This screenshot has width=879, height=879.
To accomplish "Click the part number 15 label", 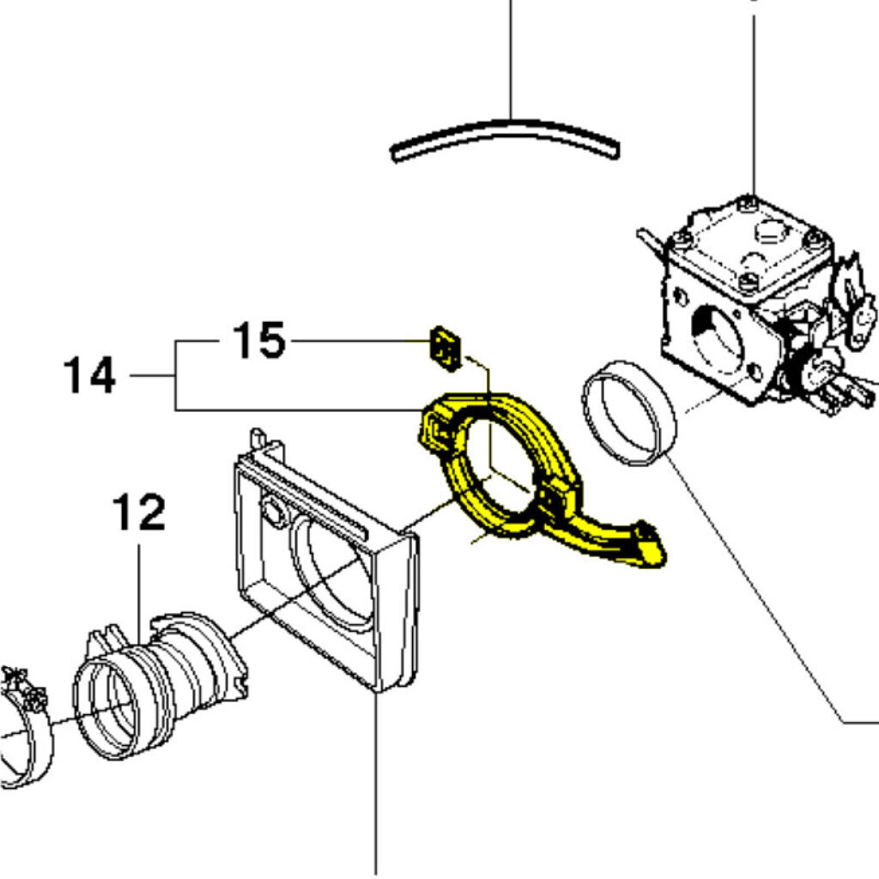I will click(258, 341).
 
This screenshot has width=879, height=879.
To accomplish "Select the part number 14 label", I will click(89, 375).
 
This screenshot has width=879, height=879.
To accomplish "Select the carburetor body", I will click(747, 300).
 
